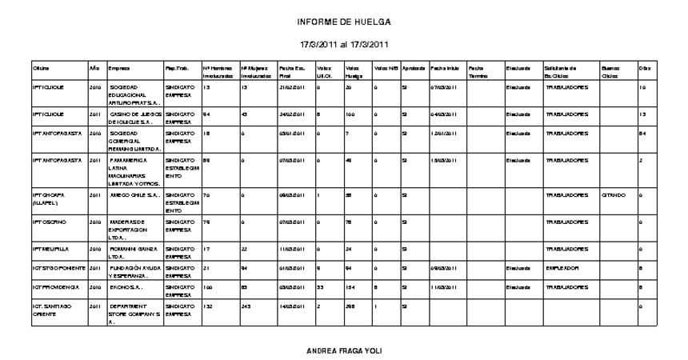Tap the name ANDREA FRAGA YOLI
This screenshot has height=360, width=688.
click(344, 350)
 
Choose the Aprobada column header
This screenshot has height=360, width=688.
click(414, 68)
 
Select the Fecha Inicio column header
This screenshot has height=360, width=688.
click(445, 68)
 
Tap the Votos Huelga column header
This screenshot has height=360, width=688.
click(353, 72)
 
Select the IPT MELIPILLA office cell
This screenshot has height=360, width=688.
click(50, 249)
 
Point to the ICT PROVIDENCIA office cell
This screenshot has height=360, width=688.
click(53, 286)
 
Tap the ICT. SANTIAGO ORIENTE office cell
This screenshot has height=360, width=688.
click(52, 309)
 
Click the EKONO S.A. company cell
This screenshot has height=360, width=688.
click(125, 286)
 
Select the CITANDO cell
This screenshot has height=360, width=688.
click(614, 194)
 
